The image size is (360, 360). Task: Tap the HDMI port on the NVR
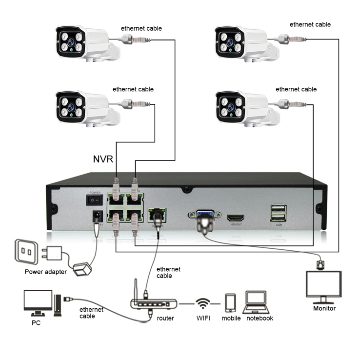point(237,216)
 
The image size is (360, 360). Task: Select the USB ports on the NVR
point(279,213)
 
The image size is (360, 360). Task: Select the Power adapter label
point(46,272)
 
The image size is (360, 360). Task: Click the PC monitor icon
point(38,302)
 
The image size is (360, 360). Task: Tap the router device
point(153,302)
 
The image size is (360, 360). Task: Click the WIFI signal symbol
point(202,303)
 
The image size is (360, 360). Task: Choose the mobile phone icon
point(231,303)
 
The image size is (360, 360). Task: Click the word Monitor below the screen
point(324,308)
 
